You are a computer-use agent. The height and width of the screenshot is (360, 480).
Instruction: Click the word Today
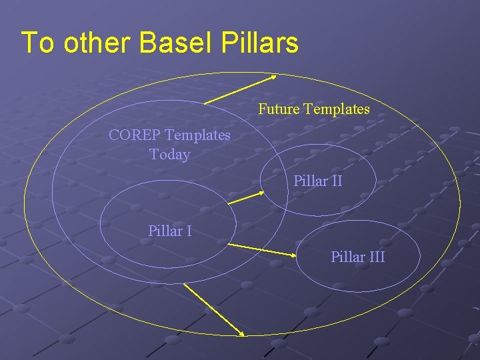(170, 155)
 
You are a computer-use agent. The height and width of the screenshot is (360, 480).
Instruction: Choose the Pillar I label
(170, 231)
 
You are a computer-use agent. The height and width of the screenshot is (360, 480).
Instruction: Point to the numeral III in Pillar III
(377, 257)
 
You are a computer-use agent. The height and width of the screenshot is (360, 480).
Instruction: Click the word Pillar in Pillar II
(310, 181)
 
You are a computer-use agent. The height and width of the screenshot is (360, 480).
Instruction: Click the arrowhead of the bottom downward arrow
(240, 334)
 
